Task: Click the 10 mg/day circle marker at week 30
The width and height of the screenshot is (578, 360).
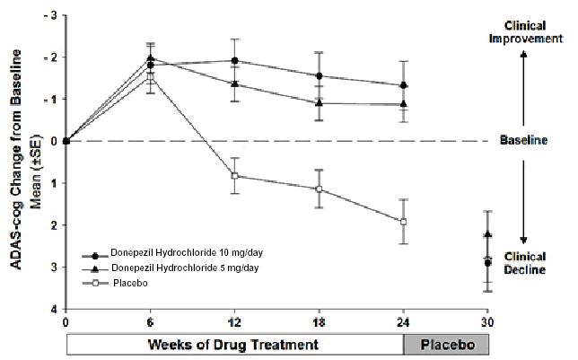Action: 487,263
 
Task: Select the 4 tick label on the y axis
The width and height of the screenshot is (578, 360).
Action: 54,309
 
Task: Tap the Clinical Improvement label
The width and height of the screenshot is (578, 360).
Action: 525,31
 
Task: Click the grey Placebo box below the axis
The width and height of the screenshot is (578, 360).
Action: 445,344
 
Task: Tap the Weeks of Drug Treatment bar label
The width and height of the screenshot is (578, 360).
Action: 232,344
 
